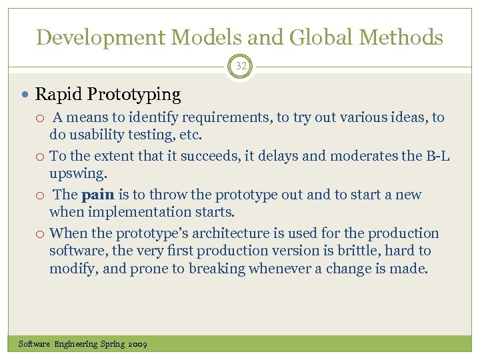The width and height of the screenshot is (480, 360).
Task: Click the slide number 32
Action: click(240, 67)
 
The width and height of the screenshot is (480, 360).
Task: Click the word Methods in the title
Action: click(402, 37)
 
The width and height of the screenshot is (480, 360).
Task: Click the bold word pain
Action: click(98, 195)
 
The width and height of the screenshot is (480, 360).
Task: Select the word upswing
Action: click(77, 173)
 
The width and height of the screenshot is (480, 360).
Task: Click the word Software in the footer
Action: click(35, 344)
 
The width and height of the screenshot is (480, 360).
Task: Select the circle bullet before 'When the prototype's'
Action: click(41, 233)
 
